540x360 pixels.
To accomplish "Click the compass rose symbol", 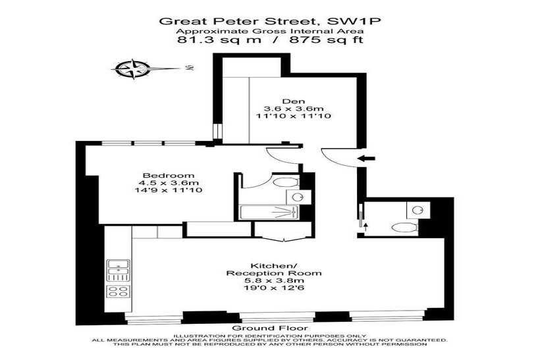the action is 133,69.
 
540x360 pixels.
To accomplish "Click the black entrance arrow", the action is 366,159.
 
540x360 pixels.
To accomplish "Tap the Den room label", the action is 294,101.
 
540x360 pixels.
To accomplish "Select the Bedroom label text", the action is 169,175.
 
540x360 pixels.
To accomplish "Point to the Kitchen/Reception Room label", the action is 274,269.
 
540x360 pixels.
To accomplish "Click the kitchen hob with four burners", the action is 119,291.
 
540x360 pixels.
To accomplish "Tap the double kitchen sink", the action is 119,270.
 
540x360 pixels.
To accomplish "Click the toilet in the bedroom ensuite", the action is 286,182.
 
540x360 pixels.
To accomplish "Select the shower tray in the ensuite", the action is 269,213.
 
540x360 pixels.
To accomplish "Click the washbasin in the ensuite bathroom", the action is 297,197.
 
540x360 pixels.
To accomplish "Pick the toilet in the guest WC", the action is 405,228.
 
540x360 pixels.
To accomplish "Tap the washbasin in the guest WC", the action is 418,209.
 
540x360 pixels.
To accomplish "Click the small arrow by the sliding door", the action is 365,226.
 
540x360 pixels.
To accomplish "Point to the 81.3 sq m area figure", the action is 219,39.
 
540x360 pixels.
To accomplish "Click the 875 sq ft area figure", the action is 327,39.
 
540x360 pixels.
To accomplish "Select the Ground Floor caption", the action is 270,328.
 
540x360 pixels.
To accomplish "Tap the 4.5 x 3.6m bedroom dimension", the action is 169,183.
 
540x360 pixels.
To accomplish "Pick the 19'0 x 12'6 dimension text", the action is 274,288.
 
